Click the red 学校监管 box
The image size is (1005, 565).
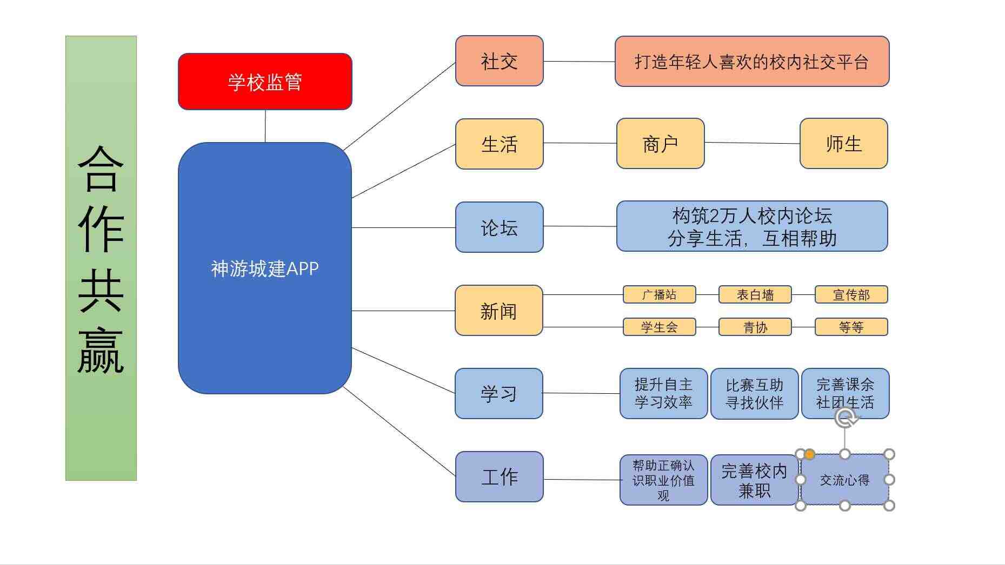click(265, 82)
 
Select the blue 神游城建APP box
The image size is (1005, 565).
click(265, 268)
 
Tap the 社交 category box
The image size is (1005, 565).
click(499, 61)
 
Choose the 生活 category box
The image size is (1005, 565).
click(499, 144)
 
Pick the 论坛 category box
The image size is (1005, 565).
click(499, 227)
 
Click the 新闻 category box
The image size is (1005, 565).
click(498, 311)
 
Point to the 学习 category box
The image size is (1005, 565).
click(498, 393)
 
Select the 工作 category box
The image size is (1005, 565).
click(499, 476)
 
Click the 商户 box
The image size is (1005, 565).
click(660, 144)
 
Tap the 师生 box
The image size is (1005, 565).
click(843, 144)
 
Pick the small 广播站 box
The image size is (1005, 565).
click(659, 294)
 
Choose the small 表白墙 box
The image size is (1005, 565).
click(755, 294)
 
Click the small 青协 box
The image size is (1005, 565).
click(755, 327)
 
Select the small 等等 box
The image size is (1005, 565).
click(851, 327)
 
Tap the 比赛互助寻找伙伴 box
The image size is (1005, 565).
click(754, 394)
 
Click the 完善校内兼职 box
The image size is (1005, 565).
click(754, 480)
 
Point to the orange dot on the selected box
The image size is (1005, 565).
click(809, 455)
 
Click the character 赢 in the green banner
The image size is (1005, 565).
click(101, 350)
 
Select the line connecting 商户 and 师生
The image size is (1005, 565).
click(752, 143)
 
